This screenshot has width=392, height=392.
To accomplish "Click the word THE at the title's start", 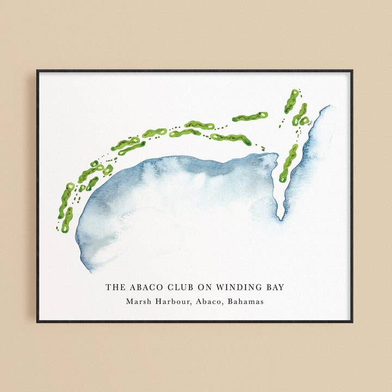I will [115, 287].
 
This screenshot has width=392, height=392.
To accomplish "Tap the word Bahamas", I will [246, 302].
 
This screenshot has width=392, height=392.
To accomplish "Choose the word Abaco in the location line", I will [208, 302].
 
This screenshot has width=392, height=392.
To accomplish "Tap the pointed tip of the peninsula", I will [281, 219].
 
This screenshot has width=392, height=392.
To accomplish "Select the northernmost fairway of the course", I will [292, 101].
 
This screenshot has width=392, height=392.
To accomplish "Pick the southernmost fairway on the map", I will [66, 220].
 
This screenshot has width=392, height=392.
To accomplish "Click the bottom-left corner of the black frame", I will [38, 321].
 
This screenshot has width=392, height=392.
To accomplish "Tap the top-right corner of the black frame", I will [352, 71].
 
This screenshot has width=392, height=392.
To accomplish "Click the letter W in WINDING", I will [219, 287].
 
